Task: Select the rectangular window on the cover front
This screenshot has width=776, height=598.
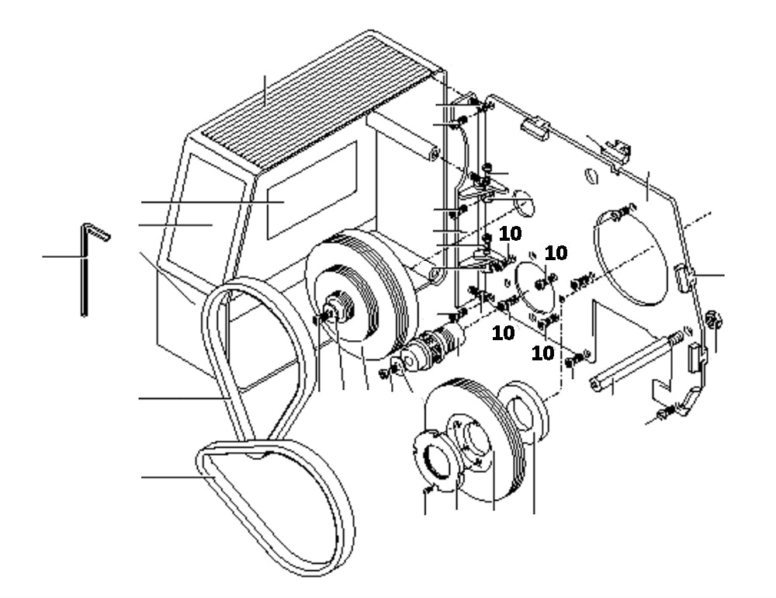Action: (x=311, y=190)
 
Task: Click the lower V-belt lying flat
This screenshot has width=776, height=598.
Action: (x=279, y=505)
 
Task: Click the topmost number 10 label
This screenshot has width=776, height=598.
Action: (x=511, y=234)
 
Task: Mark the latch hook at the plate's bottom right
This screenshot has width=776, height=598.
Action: (x=683, y=408)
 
